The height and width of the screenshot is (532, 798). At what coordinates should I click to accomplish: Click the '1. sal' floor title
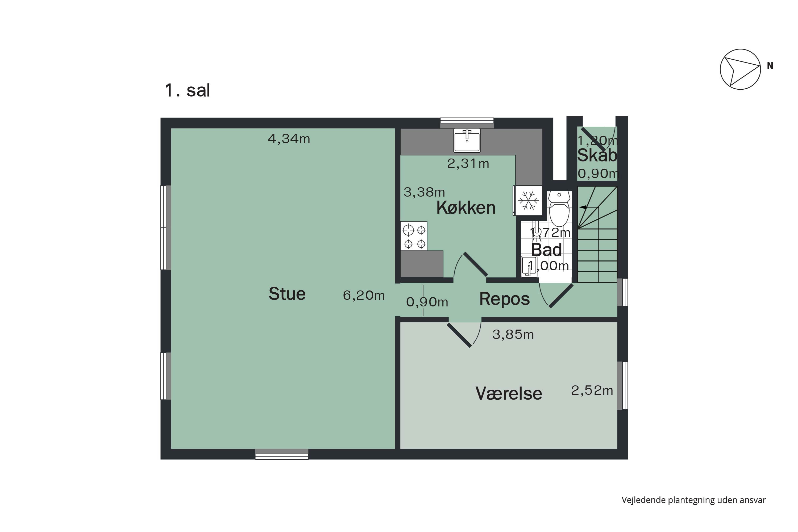pyautogui.click(x=187, y=91)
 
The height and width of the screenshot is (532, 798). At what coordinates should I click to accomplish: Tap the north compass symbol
pyautogui.click(x=740, y=69)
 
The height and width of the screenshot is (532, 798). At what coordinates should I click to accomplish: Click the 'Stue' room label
pyautogui.click(x=287, y=294)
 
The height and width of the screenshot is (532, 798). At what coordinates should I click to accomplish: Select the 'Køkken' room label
pyautogui.click(x=466, y=208)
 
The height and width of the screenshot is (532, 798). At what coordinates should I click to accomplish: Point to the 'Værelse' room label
pyautogui.click(x=509, y=394)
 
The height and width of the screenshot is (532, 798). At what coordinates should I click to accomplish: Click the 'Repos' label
pyautogui.click(x=504, y=299)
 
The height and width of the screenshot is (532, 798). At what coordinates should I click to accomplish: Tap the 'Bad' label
pyautogui.click(x=546, y=250)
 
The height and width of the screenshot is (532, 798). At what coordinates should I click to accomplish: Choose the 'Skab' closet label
pyautogui.click(x=597, y=156)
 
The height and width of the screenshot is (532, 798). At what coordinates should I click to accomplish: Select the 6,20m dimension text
pyautogui.click(x=364, y=296)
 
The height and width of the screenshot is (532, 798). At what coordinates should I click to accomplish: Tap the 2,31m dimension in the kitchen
pyautogui.click(x=468, y=164)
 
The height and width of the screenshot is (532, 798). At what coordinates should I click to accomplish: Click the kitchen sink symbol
pyautogui.click(x=467, y=140)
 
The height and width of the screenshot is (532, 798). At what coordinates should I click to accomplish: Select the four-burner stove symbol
pyautogui.click(x=414, y=236)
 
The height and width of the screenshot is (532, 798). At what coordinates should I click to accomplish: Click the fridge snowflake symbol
pyautogui.click(x=528, y=201)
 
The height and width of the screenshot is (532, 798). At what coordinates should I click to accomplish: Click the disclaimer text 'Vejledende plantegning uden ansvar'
pyautogui.click(x=693, y=500)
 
